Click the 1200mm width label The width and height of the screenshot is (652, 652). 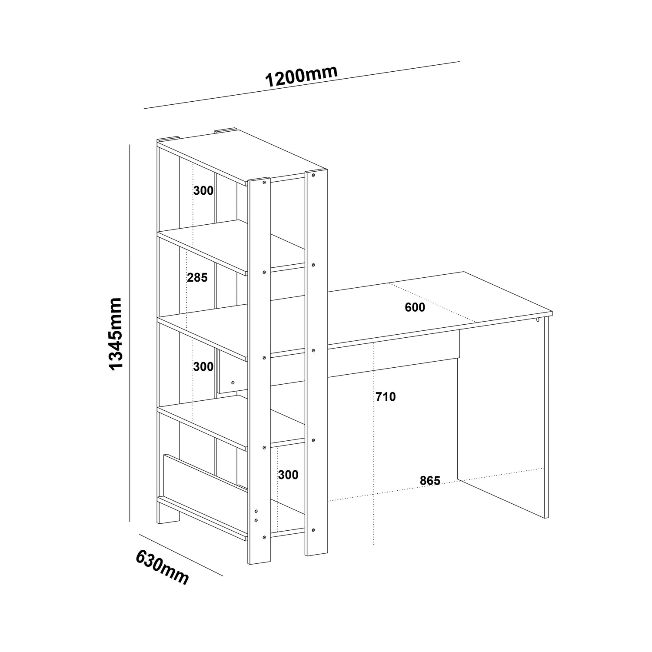coord(301,77)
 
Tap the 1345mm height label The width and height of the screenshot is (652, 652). coord(116,334)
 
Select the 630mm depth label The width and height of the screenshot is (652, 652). coord(163,567)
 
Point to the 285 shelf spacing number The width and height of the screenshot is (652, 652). coord(197,277)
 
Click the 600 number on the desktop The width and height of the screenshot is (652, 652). coord(415,307)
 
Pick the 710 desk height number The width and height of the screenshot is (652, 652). coord(386,396)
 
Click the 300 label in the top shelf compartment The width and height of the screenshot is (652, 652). coord(203,190)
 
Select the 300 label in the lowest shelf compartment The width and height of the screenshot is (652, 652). coord(288,475)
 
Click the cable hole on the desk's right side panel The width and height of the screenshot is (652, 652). coord(538,320)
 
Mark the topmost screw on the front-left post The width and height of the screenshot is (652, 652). coord(263,183)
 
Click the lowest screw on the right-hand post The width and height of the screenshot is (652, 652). coord(313,529)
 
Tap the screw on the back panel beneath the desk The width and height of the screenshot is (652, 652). coord(233,382)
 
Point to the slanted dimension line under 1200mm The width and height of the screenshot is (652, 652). coord(302,85)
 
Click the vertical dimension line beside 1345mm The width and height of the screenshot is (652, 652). coord(130,333)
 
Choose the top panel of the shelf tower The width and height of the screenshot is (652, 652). coord(242,155)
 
